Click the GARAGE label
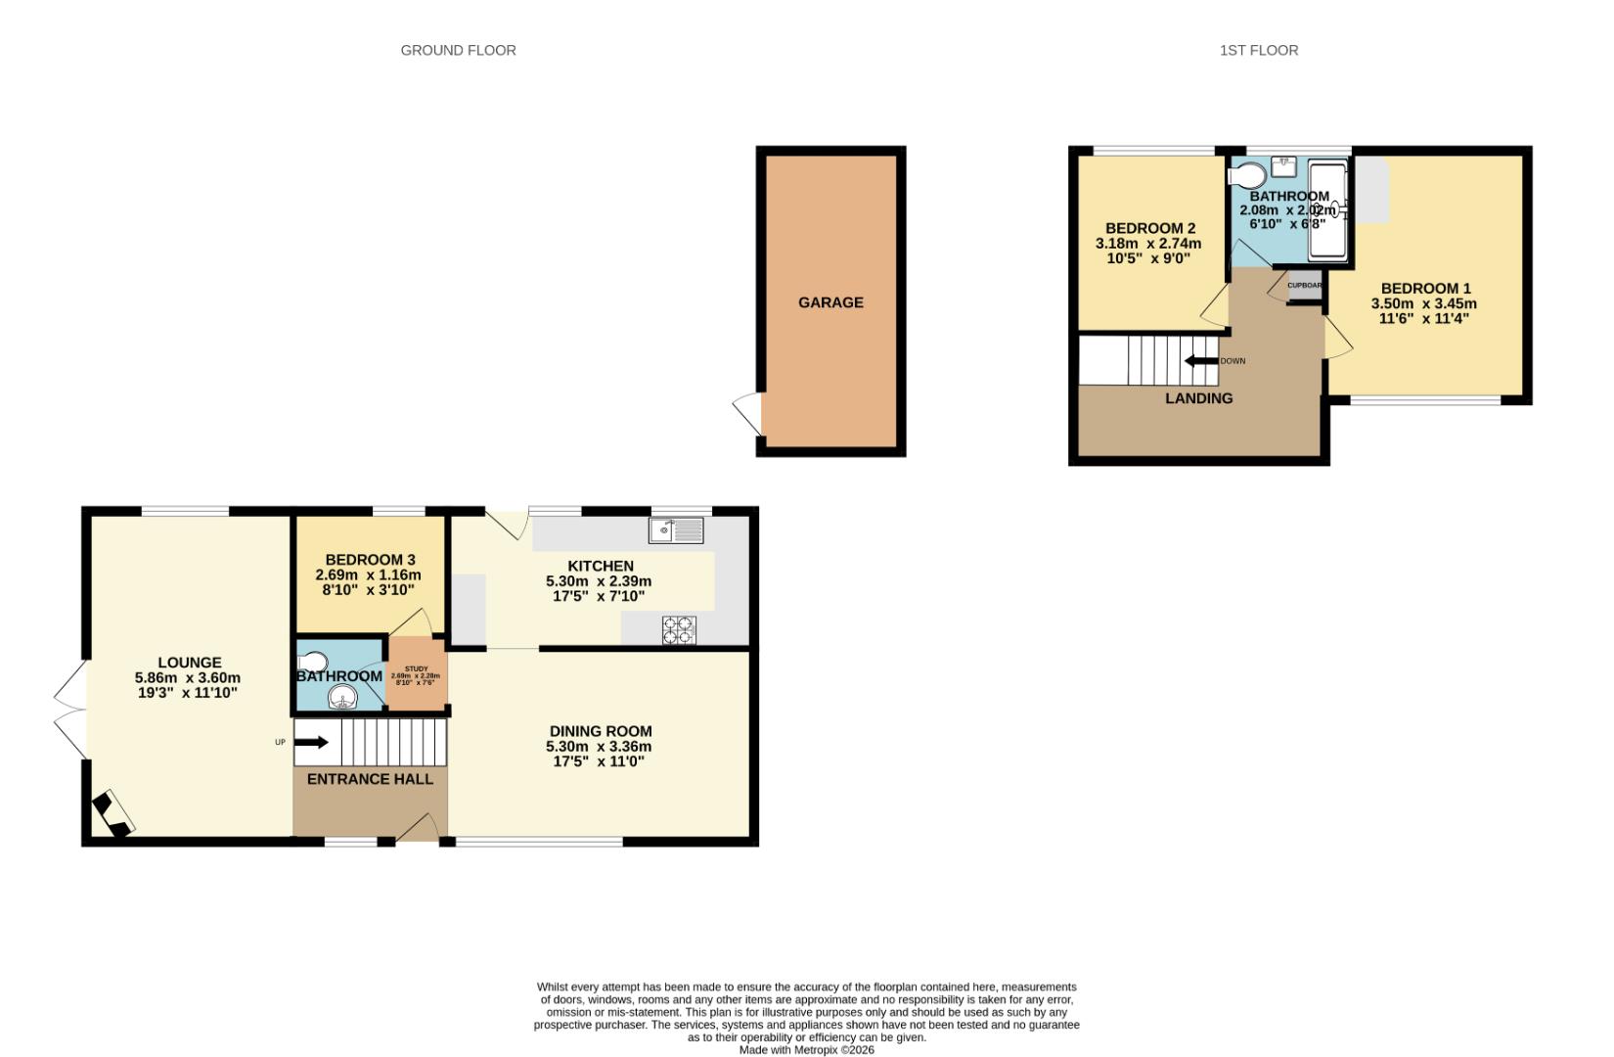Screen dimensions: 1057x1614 coord(830,302)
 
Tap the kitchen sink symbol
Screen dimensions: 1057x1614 coord(676,530)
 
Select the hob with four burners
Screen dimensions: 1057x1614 coord(679,629)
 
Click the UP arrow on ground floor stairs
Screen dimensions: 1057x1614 coord(311,742)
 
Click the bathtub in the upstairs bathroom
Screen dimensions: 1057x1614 coord(1327,209)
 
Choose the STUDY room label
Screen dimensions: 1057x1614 coord(416,669)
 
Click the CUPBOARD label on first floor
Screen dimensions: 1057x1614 coord(1304,286)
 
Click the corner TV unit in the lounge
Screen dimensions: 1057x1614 coord(112,814)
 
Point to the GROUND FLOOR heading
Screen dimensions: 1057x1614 coord(458,50)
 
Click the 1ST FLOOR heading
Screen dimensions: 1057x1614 coord(1258,50)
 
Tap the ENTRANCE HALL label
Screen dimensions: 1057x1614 coord(370,779)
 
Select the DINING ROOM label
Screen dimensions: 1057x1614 coord(600,731)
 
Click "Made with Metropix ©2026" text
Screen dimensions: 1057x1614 coord(806,1049)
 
